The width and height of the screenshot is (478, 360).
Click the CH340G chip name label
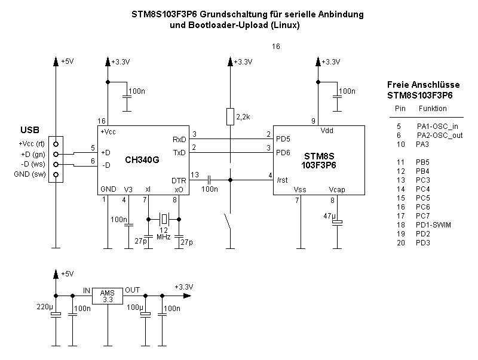[x=142, y=160]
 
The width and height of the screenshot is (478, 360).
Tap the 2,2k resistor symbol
[x=230, y=117]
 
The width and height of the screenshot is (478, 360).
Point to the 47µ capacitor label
[x=329, y=216]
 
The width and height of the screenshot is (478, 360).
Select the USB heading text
[x=30, y=130]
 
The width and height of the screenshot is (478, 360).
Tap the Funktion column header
[x=433, y=109]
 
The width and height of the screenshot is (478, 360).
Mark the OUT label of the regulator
[x=133, y=290]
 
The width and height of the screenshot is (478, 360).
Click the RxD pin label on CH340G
[x=179, y=139]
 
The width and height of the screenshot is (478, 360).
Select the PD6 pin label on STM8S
[x=283, y=153]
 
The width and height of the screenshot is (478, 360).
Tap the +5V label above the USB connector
[x=67, y=61]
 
